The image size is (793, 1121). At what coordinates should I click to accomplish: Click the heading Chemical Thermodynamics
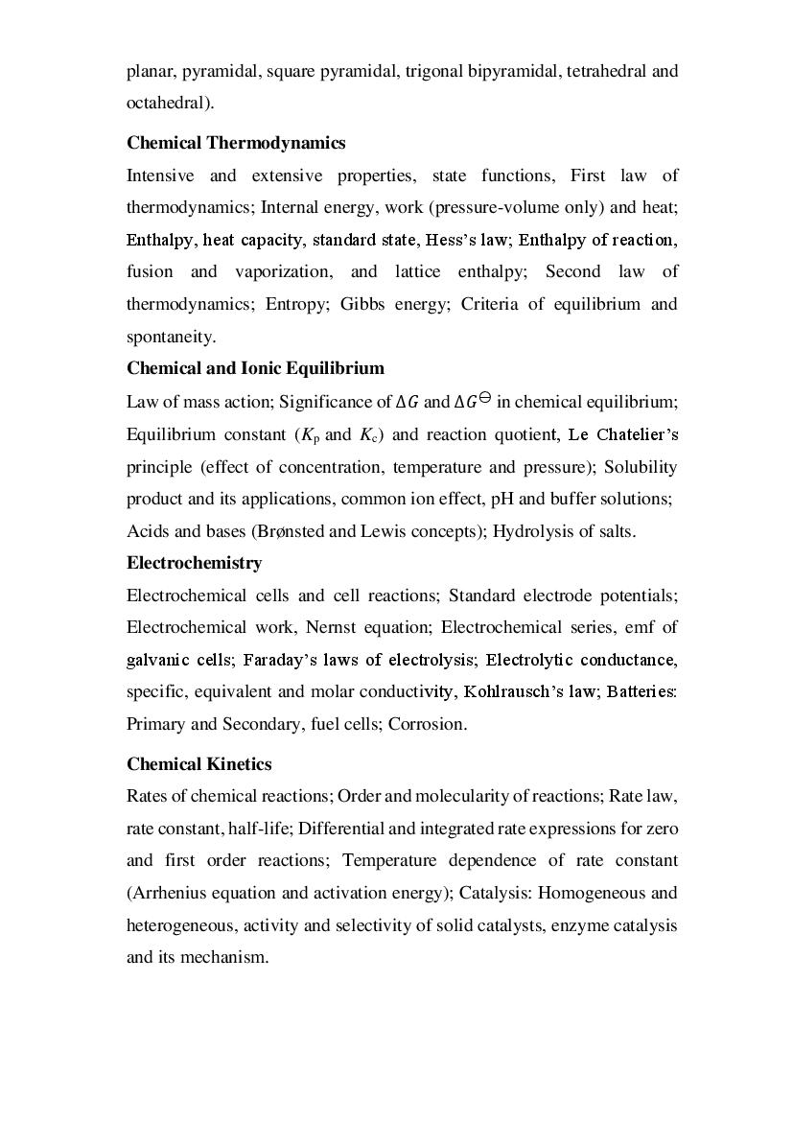(x=236, y=143)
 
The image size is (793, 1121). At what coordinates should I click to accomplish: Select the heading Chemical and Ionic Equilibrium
(x=255, y=368)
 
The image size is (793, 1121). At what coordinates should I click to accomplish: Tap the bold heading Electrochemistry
(x=194, y=563)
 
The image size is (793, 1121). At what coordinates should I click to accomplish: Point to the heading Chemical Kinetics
(x=198, y=764)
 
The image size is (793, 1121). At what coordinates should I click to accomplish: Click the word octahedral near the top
(x=167, y=103)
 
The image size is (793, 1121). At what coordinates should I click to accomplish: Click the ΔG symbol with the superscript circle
(x=472, y=401)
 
